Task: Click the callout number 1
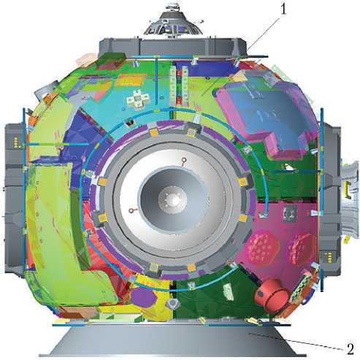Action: tap(283, 9)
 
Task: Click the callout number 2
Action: tap(350, 349)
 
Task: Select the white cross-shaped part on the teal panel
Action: tap(137, 99)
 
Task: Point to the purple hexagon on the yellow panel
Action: tap(143, 297)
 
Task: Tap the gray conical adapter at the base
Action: tap(172, 342)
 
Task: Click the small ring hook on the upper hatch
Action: tap(184, 161)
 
